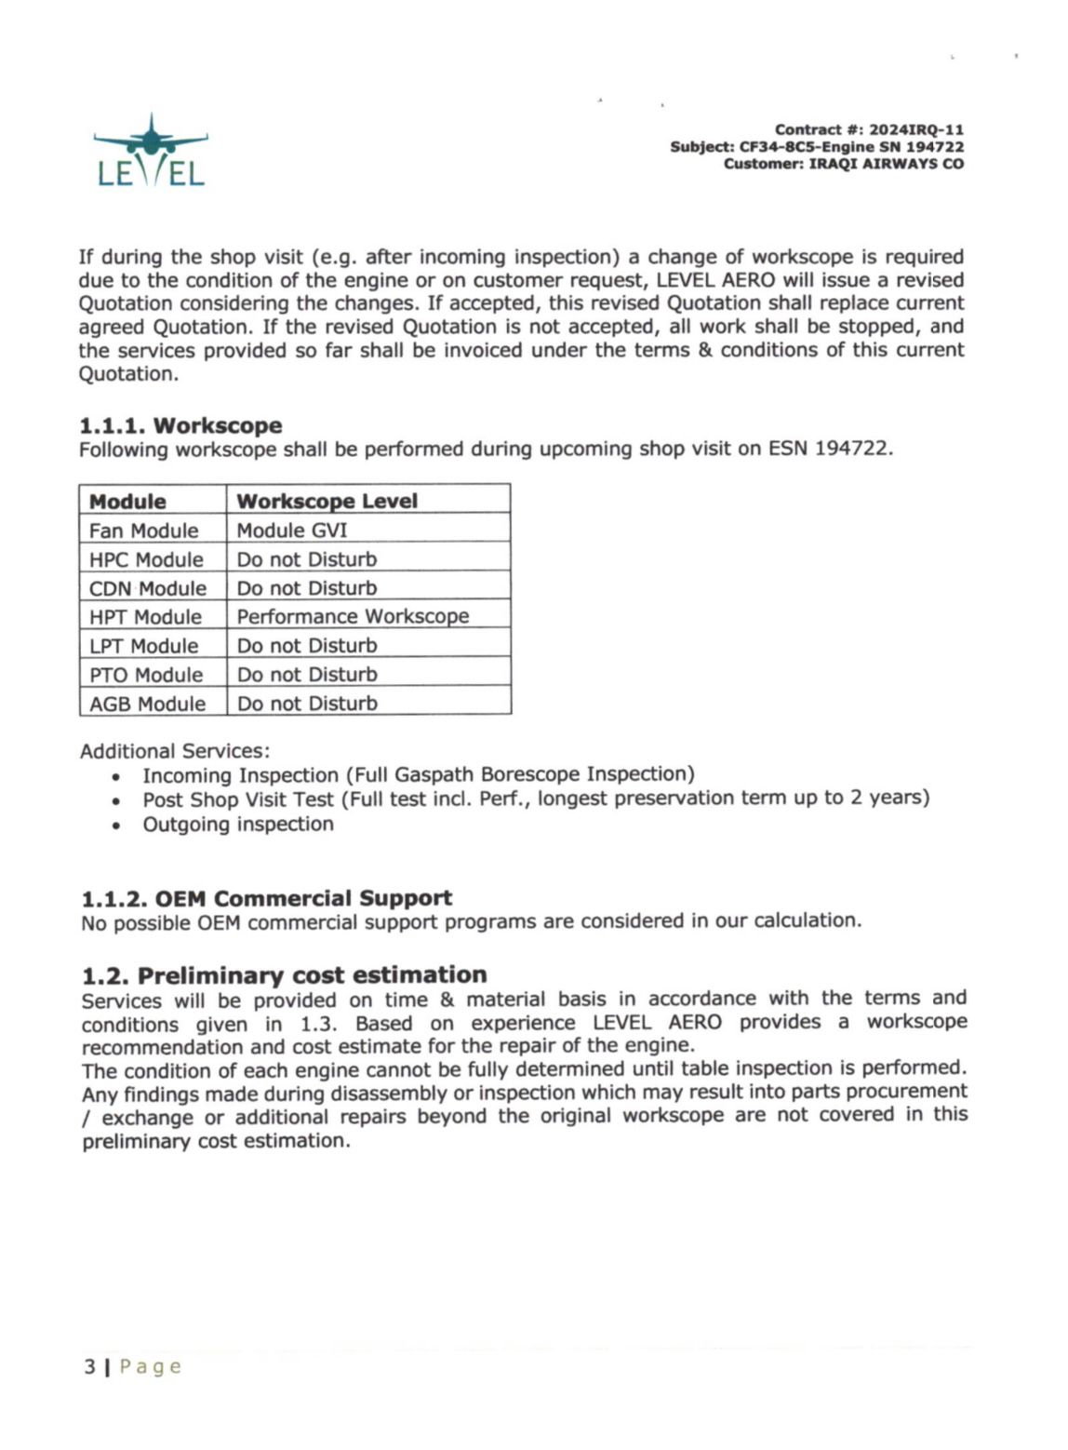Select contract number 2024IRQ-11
(x=916, y=130)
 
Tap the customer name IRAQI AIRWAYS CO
(x=886, y=164)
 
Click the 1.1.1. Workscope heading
(x=180, y=425)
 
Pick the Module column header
(x=127, y=501)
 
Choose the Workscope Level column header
(x=327, y=501)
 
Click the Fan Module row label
(x=143, y=530)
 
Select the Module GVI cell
(x=291, y=530)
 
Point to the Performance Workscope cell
(x=353, y=616)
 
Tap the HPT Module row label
(x=145, y=617)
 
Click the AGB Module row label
(x=147, y=704)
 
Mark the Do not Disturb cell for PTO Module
(x=307, y=675)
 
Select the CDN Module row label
(x=147, y=588)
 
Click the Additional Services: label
(x=174, y=751)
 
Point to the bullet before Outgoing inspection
(x=115, y=826)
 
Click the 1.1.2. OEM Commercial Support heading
(x=266, y=898)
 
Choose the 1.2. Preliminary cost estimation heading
(x=284, y=974)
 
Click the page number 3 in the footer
(x=89, y=1366)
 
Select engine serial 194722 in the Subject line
(x=934, y=147)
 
